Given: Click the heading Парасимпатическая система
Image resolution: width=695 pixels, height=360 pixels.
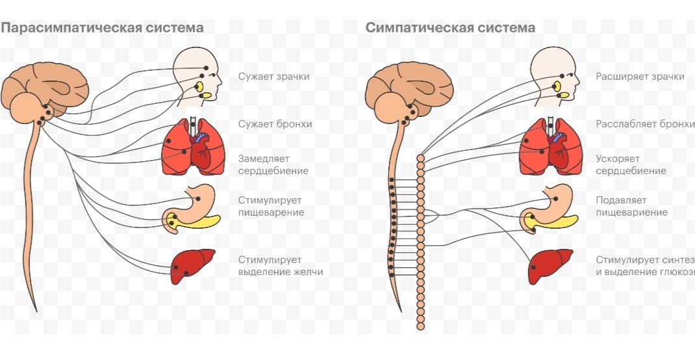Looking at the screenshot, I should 102,28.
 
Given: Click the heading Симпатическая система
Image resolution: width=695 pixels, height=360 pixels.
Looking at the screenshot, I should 450,28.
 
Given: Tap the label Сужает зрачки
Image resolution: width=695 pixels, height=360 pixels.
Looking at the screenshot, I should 273,77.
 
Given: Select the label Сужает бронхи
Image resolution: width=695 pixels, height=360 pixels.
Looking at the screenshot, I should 275,123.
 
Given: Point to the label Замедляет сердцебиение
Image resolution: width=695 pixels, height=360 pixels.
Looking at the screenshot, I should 273,164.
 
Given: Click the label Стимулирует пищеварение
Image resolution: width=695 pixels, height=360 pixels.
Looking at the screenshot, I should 271,206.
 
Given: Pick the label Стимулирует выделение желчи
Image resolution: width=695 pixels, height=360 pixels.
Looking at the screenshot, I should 280,266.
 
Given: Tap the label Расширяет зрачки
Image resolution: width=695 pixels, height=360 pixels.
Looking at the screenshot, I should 640,77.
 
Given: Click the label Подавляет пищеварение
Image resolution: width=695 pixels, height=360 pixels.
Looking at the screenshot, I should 631,206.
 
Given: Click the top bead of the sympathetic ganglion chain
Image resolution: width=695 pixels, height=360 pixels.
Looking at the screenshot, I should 420,159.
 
